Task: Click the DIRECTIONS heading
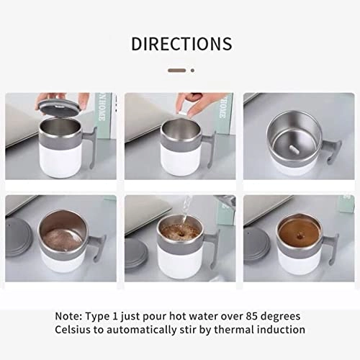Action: pos(181,44)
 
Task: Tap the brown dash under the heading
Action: pos(177,71)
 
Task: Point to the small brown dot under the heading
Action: pos(192,71)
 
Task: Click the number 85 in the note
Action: pos(252,316)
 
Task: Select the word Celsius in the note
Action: pos(73,330)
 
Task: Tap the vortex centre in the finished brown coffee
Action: pos(300,235)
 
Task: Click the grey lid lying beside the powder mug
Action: pos(18,239)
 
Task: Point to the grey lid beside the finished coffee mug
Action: pos(256,247)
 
